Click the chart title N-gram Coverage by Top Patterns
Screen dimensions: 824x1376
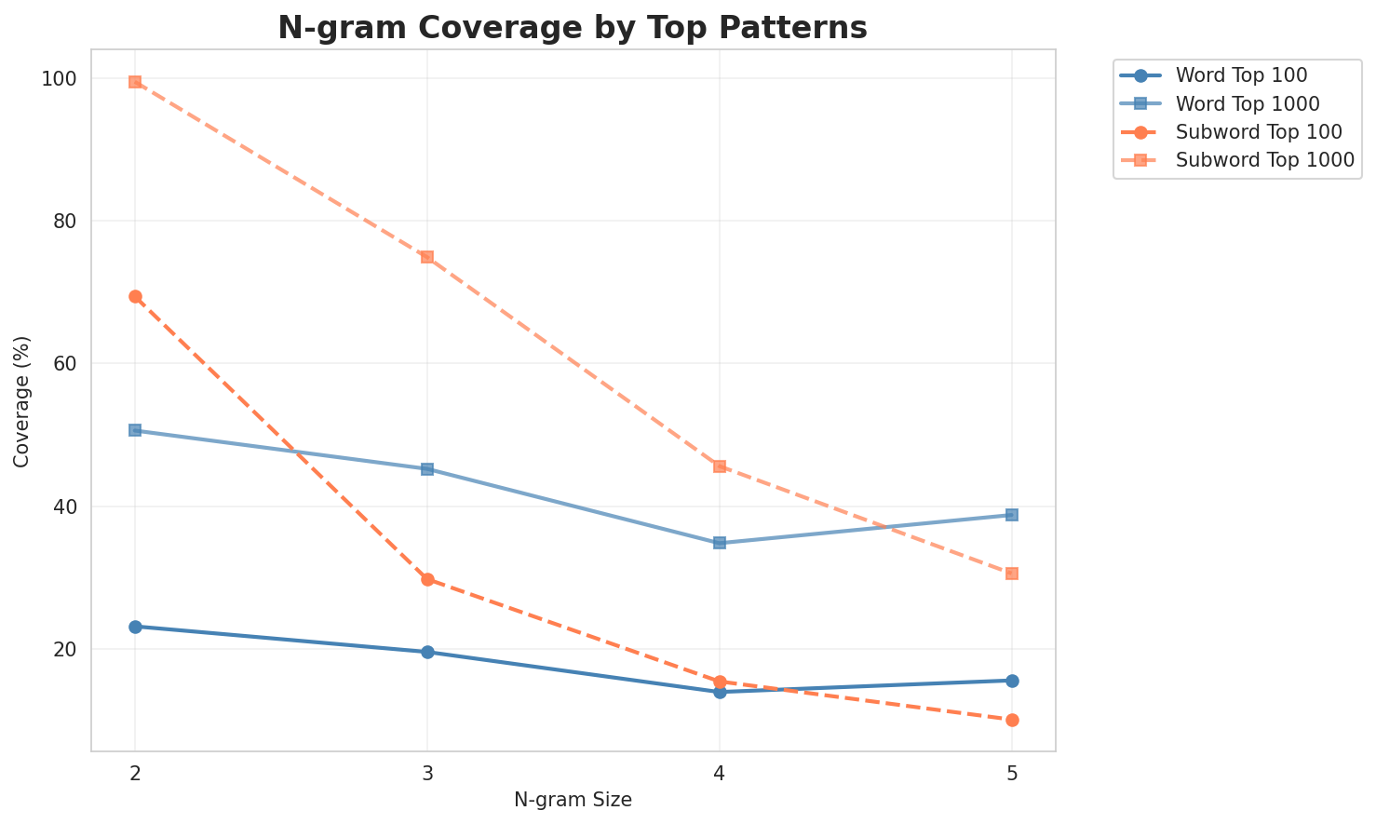click(x=573, y=28)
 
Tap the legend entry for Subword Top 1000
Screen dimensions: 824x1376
click(x=1264, y=159)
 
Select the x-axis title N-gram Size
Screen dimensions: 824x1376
click(x=573, y=800)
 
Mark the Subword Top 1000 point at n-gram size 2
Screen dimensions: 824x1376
click(x=135, y=82)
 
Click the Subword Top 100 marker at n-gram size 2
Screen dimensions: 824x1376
click(x=135, y=296)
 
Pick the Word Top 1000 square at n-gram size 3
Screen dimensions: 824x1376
click(x=427, y=469)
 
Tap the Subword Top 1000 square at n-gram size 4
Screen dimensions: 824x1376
click(x=720, y=466)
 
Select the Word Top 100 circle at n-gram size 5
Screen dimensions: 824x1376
click(x=1012, y=681)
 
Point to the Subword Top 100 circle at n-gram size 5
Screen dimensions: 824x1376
click(x=1012, y=720)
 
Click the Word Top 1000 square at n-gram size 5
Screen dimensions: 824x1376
click(x=1012, y=515)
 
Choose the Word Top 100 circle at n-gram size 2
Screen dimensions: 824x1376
click(x=135, y=627)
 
